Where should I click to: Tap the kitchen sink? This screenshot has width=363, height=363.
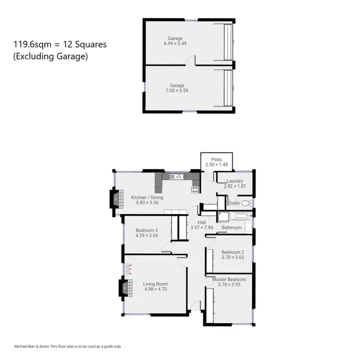tap(178, 177)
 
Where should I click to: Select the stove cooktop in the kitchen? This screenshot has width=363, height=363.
tap(195, 189)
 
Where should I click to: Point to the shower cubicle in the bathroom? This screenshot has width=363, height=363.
tap(224, 216)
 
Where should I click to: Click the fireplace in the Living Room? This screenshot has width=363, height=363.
tap(124, 288)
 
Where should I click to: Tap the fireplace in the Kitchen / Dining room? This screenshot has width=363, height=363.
tap(115, 198)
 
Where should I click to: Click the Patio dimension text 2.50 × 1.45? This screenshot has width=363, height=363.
tap(216, 166)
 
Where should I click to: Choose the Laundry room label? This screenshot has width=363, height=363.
tap(235, 181)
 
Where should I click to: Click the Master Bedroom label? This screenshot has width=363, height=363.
tap(229, 279)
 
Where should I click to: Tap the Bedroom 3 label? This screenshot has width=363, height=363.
tap(147, 230)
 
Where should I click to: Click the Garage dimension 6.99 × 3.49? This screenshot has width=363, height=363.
tap(175, 44)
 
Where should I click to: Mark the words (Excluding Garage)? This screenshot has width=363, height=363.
tap(50, 56)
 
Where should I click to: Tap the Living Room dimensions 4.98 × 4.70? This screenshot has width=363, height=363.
tap(155, 289)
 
